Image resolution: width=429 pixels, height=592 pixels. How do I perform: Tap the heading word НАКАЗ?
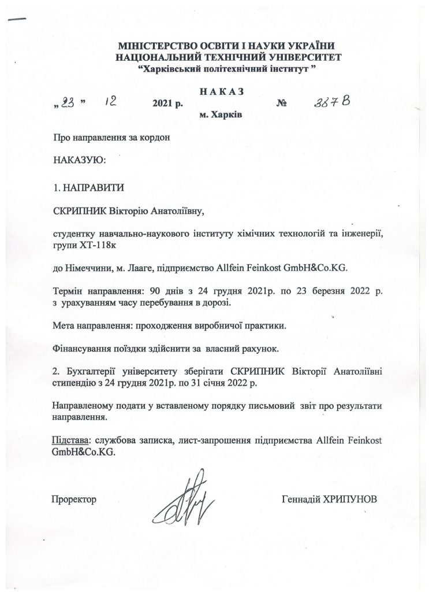pyautogui.click(x=221, y=91)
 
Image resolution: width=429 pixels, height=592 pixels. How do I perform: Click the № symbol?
pyautogui.click(x=282, y=105)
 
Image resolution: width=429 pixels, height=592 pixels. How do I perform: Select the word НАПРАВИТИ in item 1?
pyautogui.click(x=93, y=188)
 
